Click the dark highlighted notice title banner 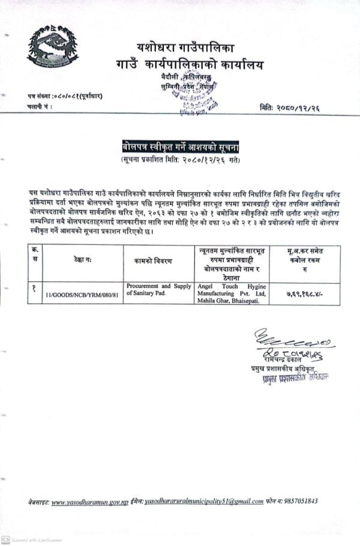(x=180, y=147)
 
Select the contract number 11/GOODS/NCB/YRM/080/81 (x=80, y=295)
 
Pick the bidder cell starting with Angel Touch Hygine (x=231, y=293)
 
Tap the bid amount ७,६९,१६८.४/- (x=304, y=295)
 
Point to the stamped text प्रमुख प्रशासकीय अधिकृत (x=292, y=378)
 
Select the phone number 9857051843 (x=298, y=501)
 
